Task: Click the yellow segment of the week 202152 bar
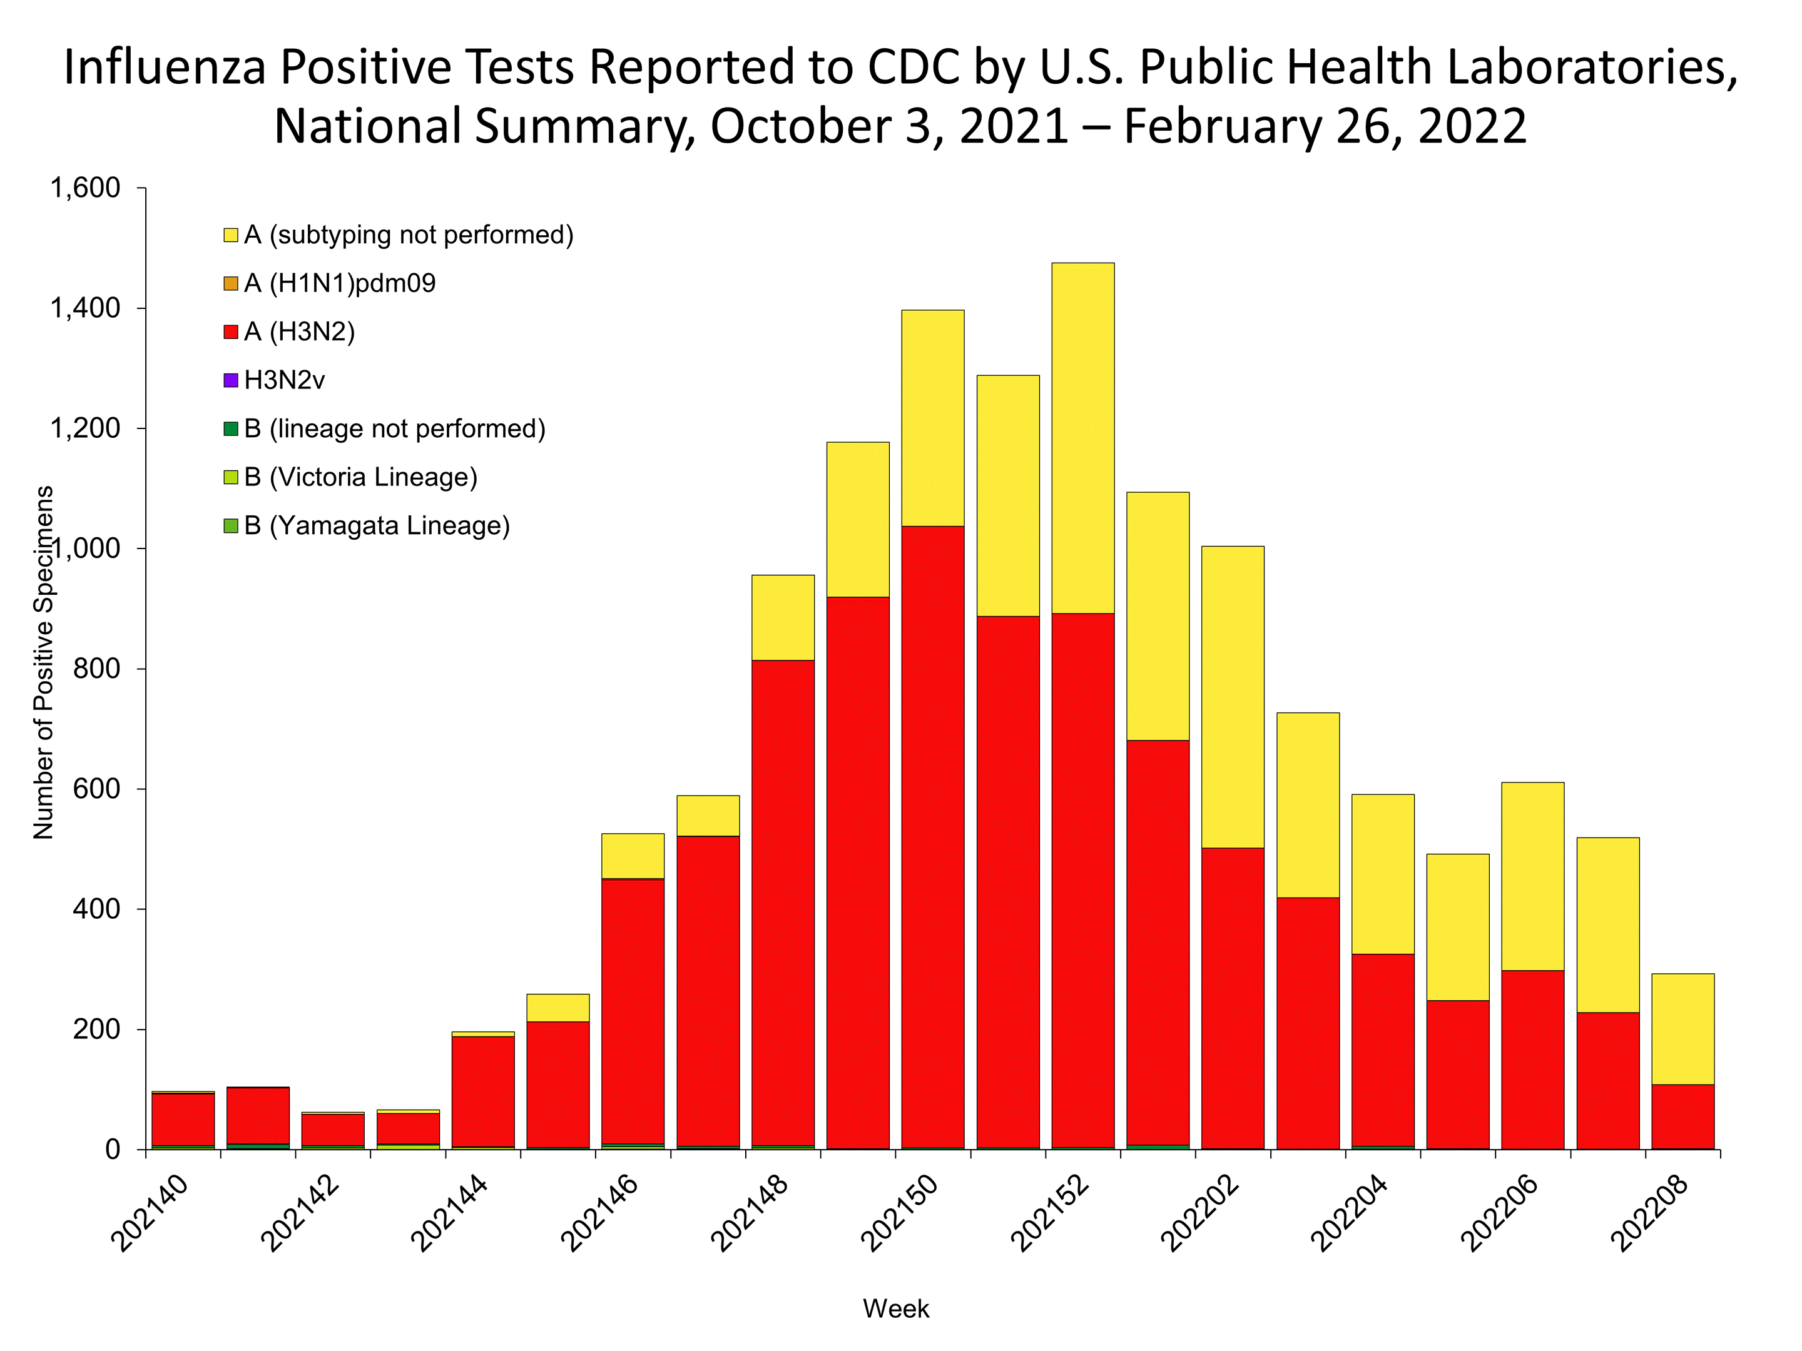[1082, 437]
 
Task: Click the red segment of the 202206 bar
[1532, 1060]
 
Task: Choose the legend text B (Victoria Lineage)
[361, 477]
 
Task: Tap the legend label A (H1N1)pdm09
[340, 283]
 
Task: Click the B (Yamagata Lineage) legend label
[377, 526]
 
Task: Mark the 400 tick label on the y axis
[97, 909]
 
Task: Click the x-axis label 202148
[750, 1213]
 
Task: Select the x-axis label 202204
[1350, 1213]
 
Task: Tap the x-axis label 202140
[149, 1213]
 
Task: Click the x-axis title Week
[896, 1308]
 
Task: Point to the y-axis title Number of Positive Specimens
[43, 662]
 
